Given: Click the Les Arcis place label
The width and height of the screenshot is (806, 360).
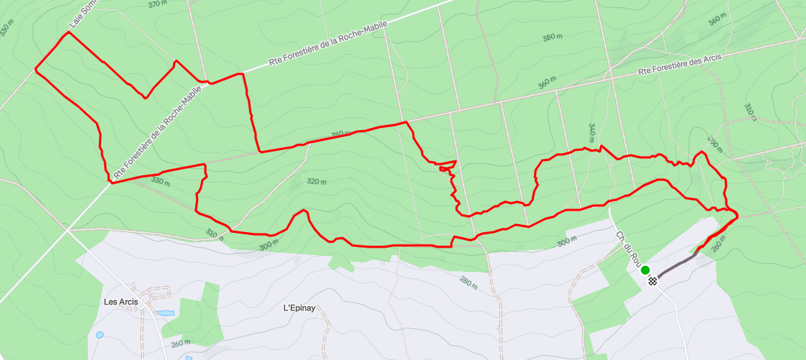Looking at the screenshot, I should tap(121, 302).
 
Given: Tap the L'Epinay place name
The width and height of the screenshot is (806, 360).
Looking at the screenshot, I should tap(300, 308).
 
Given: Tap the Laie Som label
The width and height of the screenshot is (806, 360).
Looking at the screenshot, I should tap(83, 14).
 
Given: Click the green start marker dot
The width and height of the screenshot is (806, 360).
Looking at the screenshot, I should tap(645, 271).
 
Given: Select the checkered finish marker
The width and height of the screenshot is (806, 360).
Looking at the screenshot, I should tap(652, 280).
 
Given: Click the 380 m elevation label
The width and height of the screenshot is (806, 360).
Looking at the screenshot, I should tap(553, 38).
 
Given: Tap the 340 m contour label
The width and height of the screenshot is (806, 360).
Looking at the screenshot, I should tap(592, 133).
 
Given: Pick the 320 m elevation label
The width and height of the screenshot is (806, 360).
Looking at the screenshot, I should tap(315, 182).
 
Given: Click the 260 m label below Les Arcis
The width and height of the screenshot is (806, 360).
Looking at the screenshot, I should tap(180, 343).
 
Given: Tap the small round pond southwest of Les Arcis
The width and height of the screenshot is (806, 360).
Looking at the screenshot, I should tap(100, 335).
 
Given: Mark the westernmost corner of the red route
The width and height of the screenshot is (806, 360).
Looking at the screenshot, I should tap(35, 70).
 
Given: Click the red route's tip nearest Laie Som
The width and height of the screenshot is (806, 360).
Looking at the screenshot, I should tap(69, 33).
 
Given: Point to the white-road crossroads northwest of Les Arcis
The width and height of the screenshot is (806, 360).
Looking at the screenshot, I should tap(69, 229).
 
